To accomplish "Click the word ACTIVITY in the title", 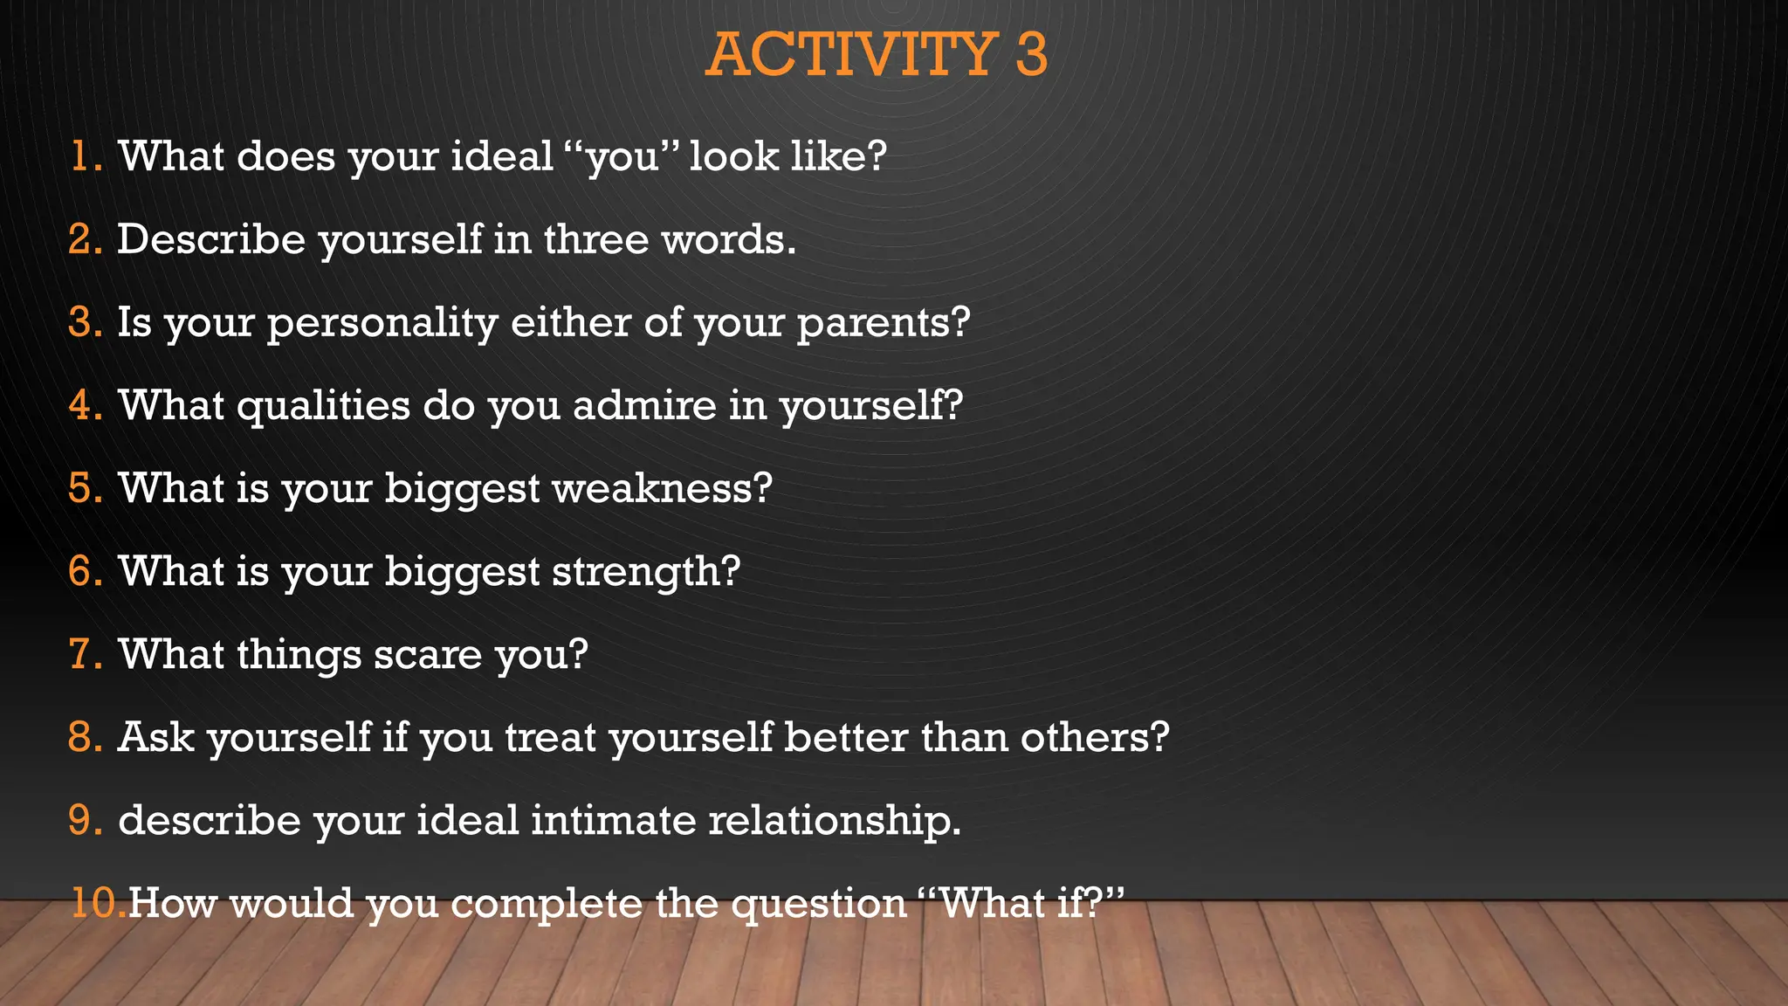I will pos(851,54).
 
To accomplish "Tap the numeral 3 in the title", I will pos(1031,54).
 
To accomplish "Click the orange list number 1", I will pos(84,156).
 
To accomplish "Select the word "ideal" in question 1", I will pos(502,156).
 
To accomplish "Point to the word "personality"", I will pos(382,323).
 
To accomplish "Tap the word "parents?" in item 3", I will pos(883,323).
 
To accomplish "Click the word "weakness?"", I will pos(663,488).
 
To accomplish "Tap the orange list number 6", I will pos(85,571).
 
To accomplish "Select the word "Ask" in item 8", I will pos(155,737).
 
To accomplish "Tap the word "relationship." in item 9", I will pos(835,820).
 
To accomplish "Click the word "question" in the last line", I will pos(819,904).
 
